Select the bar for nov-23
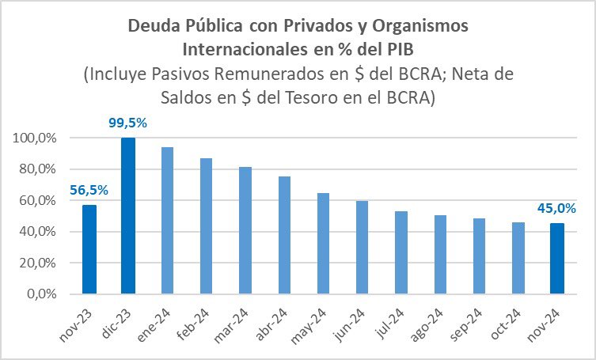[89, 248]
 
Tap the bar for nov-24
[556, 258]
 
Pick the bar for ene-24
[167, 220]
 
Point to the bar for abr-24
[284, 234]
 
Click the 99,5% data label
[128, 123]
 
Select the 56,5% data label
[89, 190]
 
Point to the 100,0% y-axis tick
[32, 138]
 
